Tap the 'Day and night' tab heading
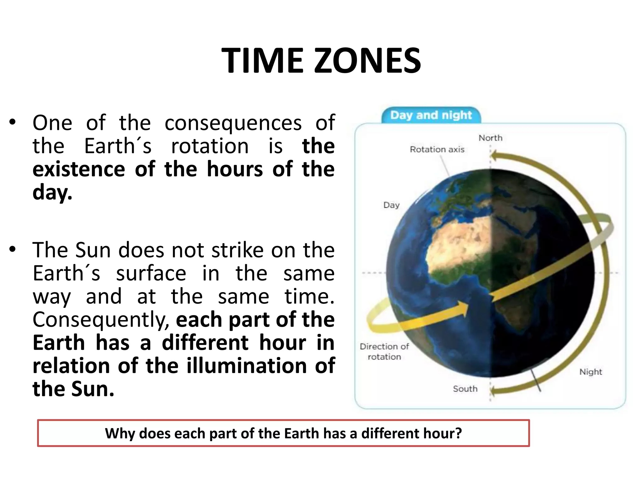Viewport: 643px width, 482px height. click(x=431, y=115)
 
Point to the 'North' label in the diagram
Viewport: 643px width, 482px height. click(x=490, y=138)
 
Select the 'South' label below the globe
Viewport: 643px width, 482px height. click(x=465, y=389)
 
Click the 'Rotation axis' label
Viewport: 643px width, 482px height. click(x=437, y=149)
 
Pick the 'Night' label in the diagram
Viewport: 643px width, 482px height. click(x=590, y=372)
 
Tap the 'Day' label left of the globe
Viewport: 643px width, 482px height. click(x=391, y=205)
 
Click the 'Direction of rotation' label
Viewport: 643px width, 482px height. click(x=384, y=351)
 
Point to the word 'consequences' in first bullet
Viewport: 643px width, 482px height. click(x=233, y=123)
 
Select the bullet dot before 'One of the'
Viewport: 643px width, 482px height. click(x=12, y=123)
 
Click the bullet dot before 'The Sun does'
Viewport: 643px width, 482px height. click(x=12, y=250)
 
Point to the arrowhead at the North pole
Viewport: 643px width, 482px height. click(x=494, y=155)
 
